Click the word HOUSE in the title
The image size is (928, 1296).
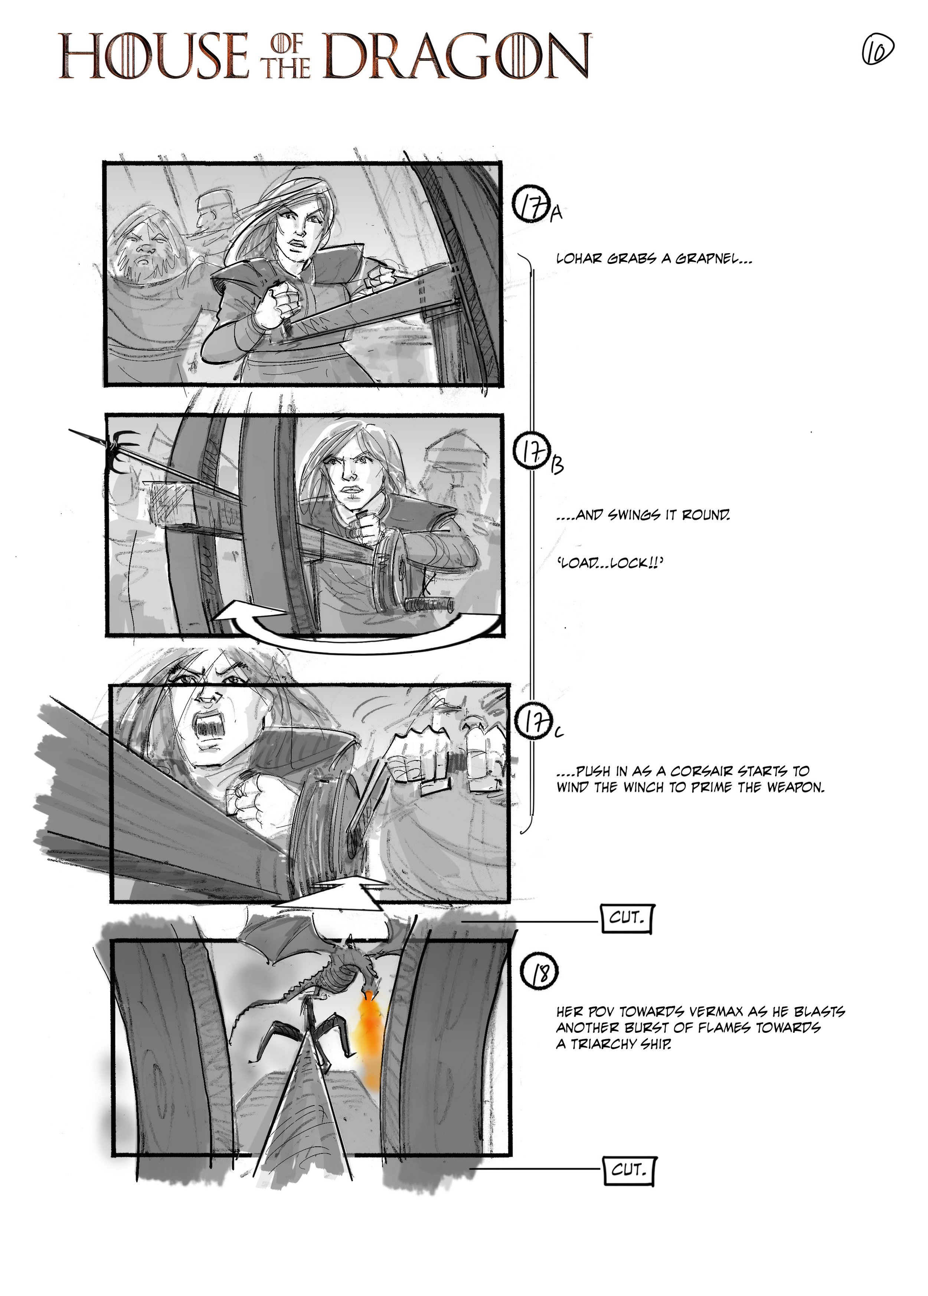click(x=153, y=56)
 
